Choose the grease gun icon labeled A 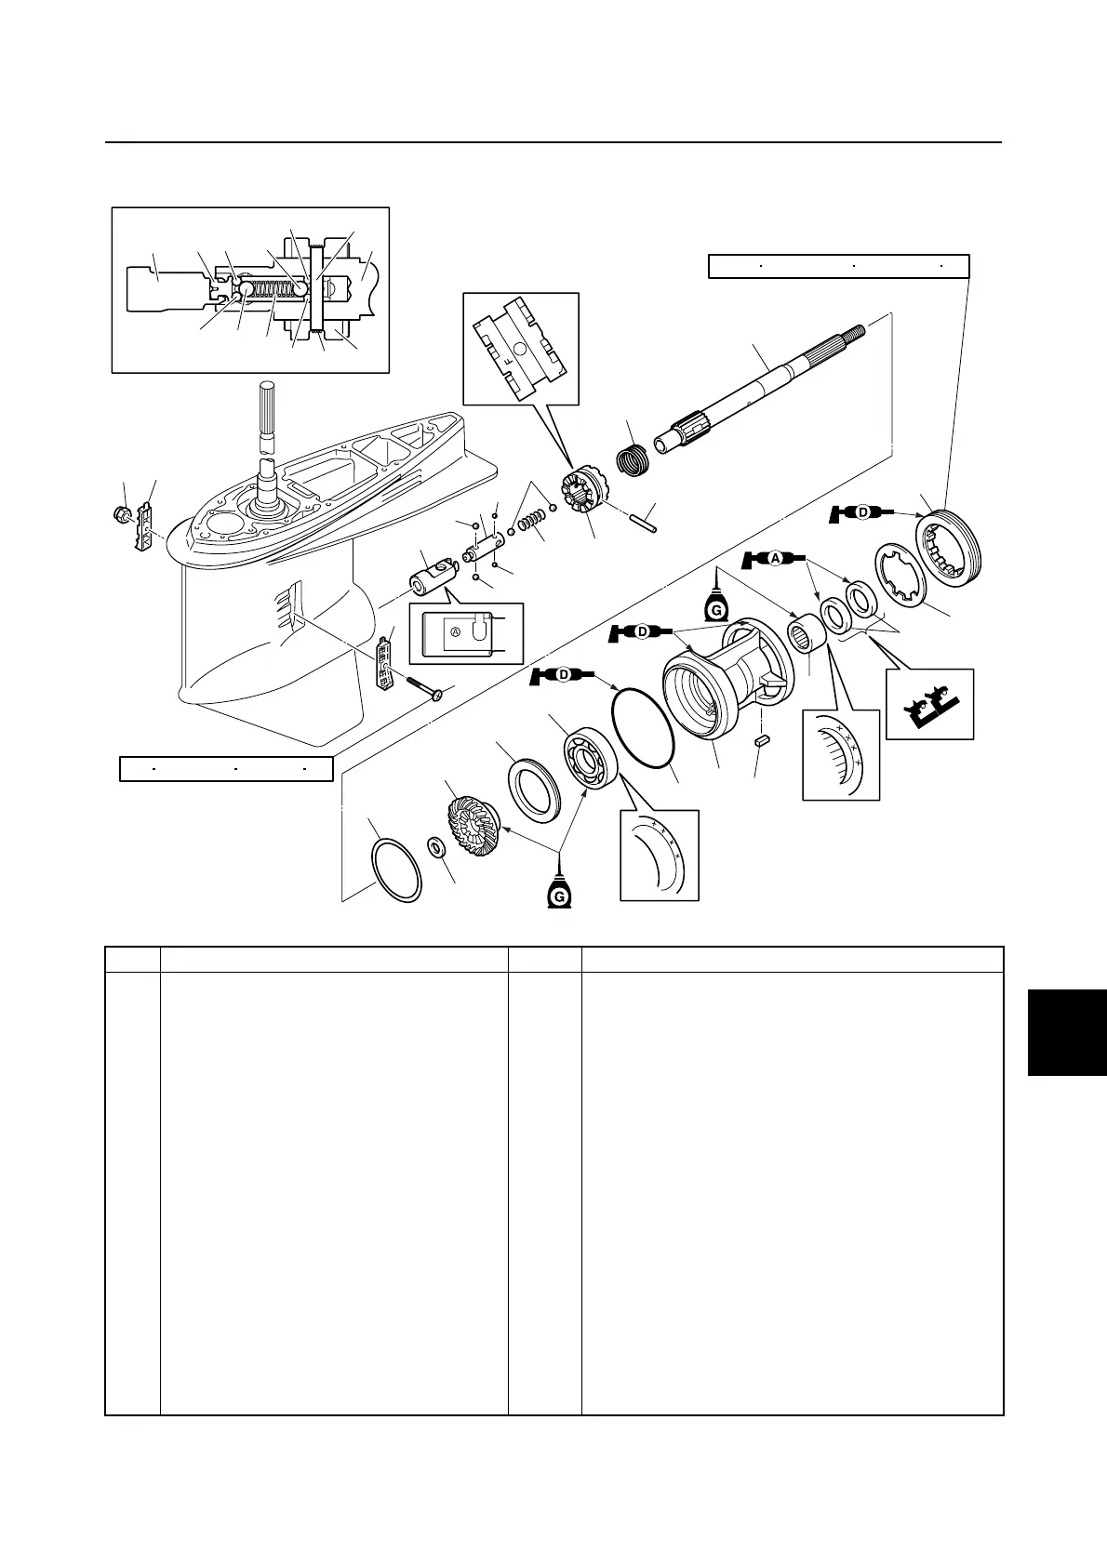point(774,558)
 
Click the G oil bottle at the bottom point(559,891)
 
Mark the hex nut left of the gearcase point(121,512)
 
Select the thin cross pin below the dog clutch point(641,520)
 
